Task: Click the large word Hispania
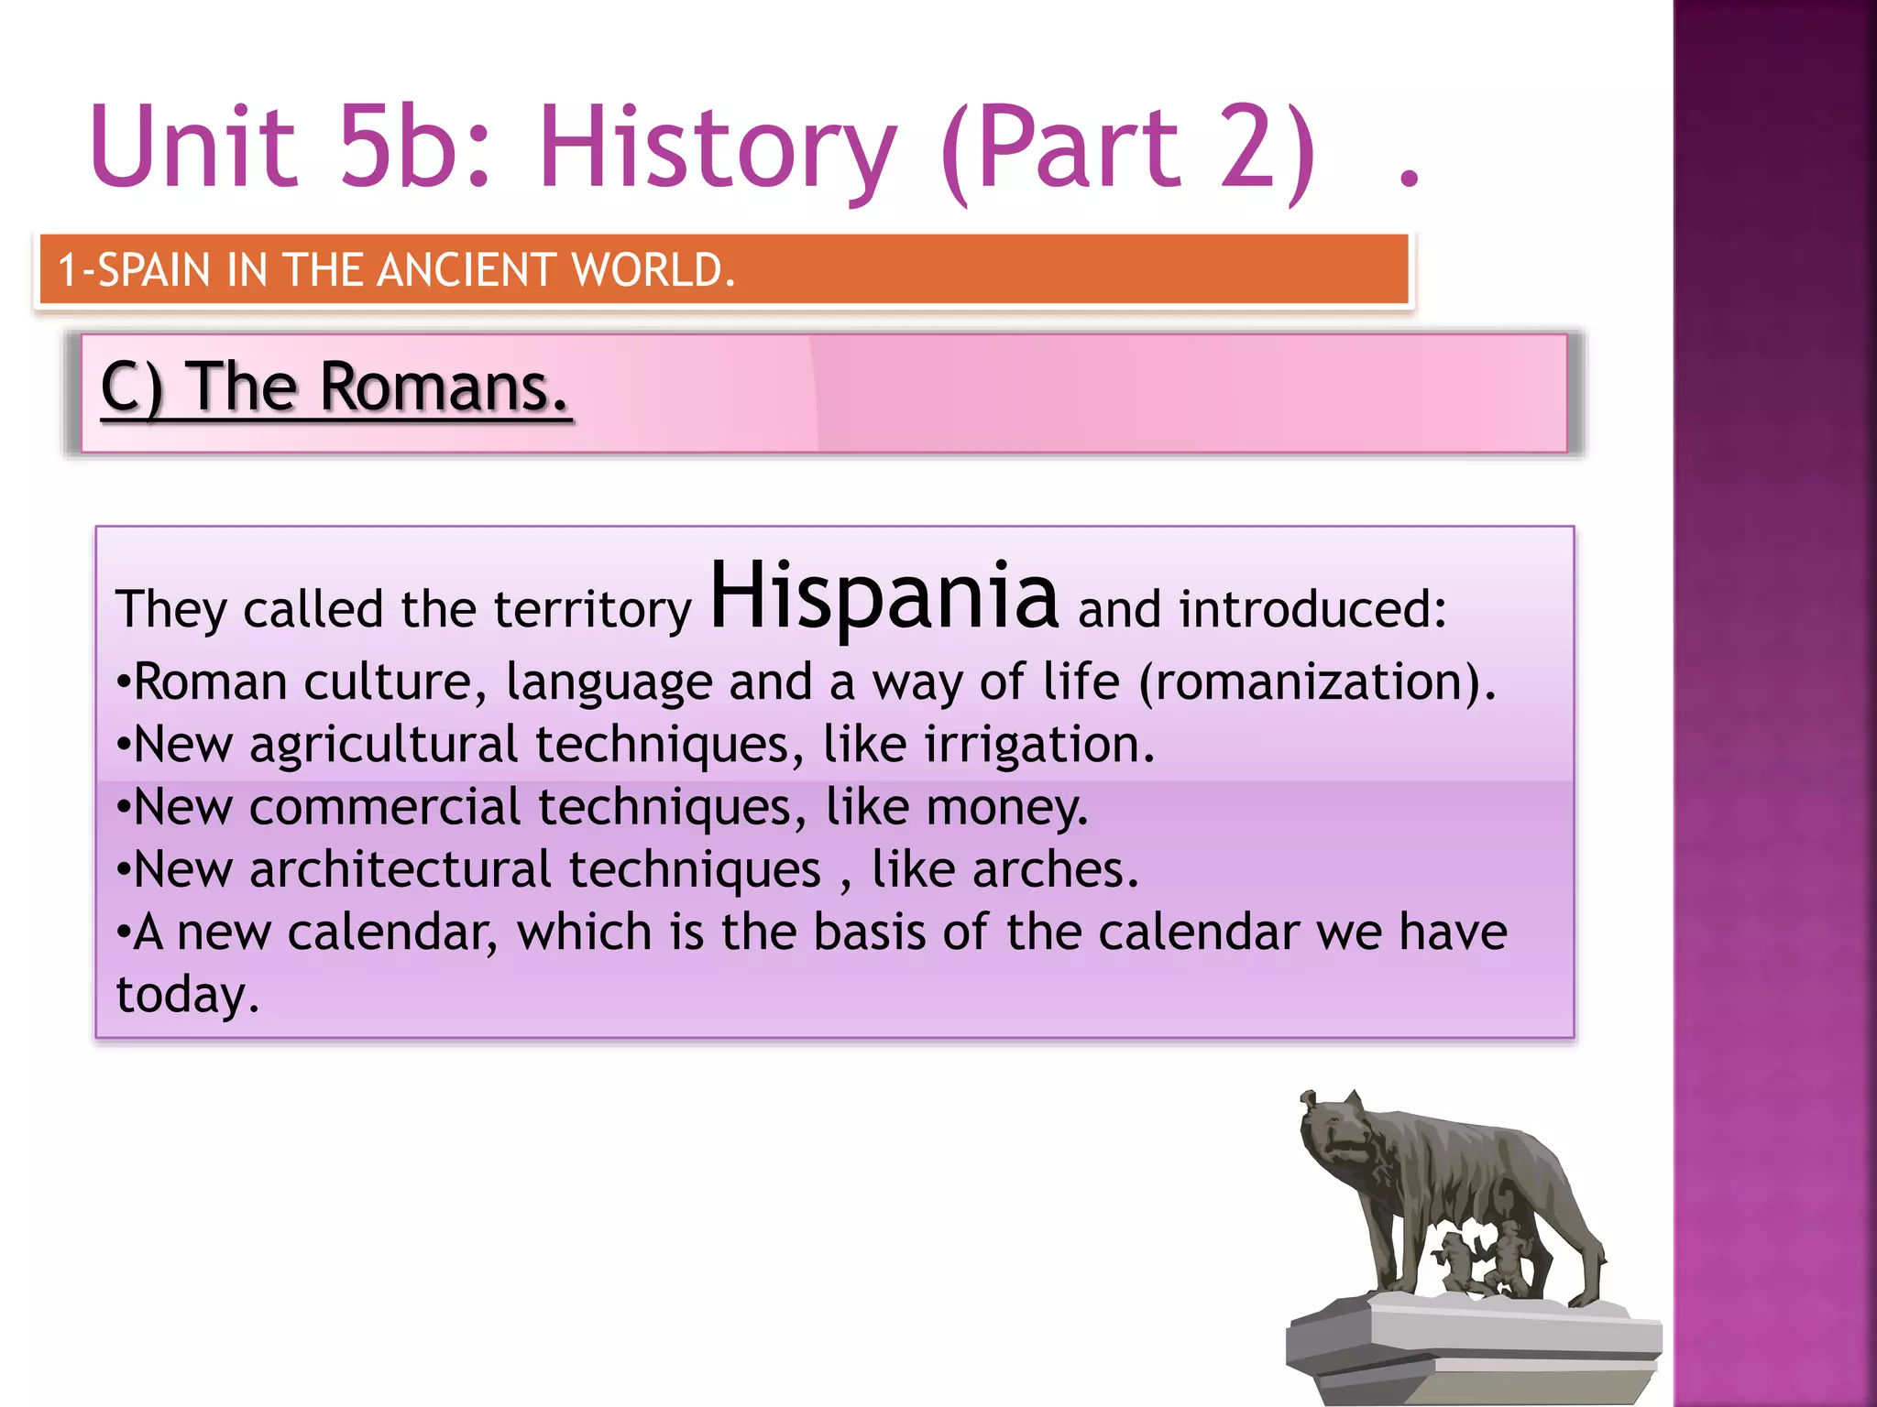pyautogui.click(x=884, y=596)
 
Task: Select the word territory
pyautogui.click(x=592, y=610)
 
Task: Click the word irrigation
pyautogui.click(x=1037, y=745)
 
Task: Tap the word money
pyautogui.click(x=1005, y=808)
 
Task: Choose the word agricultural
pyautogui.click(x=383, y=745)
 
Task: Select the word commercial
pyautogui.click(x=384, y=808)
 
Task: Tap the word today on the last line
pyautogui.click(x=186, y=995)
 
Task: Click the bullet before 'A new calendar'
pyautogui.click(x=124, y=934)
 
